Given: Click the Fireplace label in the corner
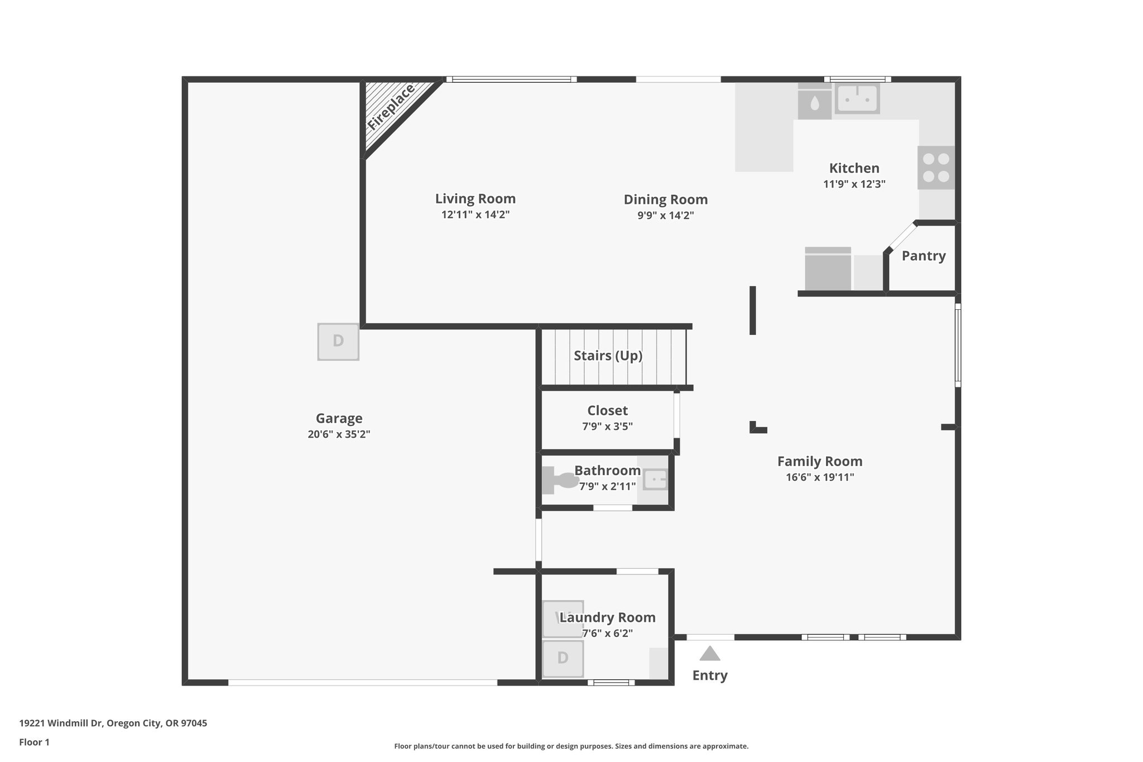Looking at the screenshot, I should point(391,107).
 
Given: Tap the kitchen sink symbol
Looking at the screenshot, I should point(857,98).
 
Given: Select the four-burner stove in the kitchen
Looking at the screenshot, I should point(936,167).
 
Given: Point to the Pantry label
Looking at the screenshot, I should point(924,256).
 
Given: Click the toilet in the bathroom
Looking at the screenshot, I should point(561,481).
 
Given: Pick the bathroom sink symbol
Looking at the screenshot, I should point(655,480).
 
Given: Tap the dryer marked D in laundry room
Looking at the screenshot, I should point(563,658).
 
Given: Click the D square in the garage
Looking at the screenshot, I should point(338,341).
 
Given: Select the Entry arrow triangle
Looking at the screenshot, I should point(709,653).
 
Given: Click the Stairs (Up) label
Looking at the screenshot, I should point(608,356).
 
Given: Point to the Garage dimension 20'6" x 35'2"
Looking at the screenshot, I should point(339,434).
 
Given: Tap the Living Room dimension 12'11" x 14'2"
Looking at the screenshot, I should point(476,214).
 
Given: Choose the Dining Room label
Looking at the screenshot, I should point(665,199).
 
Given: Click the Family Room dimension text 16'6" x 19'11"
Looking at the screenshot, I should point(820,477).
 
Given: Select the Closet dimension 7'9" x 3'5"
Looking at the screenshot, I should point(607,426).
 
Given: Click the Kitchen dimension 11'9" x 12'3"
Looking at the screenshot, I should point(854,184).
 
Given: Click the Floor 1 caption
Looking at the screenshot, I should point(34,742).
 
